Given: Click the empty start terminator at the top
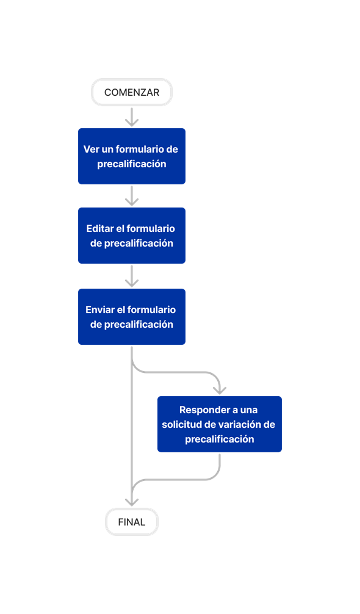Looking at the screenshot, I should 132,92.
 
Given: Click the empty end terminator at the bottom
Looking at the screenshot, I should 132,522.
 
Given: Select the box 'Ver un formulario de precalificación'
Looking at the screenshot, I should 132,156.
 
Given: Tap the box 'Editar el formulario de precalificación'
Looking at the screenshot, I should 132,236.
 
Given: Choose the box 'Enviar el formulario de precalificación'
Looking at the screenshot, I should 132,317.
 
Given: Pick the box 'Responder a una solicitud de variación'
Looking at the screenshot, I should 220,424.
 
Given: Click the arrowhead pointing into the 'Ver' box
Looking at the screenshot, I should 132,121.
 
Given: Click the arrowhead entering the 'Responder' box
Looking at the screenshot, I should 220,389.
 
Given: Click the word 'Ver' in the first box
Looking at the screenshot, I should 92,149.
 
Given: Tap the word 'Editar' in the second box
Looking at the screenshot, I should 100,228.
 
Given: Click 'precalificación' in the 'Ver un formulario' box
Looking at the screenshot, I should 132,164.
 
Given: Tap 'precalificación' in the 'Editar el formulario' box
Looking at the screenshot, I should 139,243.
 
